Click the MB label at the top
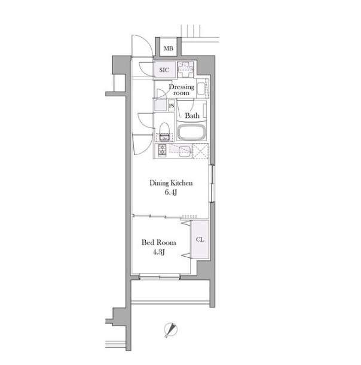(169, 48)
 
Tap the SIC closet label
(164, 70)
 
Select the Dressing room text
(182, 90)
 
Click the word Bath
(192, 115)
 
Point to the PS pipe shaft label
(172, 106)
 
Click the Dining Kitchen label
(171, 183)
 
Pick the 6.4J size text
(171, 193)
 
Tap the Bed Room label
(159, 242)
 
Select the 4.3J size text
(159, 252)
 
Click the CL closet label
(200, 239)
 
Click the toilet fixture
(164, 132)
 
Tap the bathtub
(192, 132)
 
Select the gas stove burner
(162, 150)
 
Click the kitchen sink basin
(185, 151)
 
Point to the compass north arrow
(171, 330)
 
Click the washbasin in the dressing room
(201, 89)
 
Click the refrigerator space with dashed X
(201, 151)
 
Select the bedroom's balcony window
(160, 277)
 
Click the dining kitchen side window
(212, 183)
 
